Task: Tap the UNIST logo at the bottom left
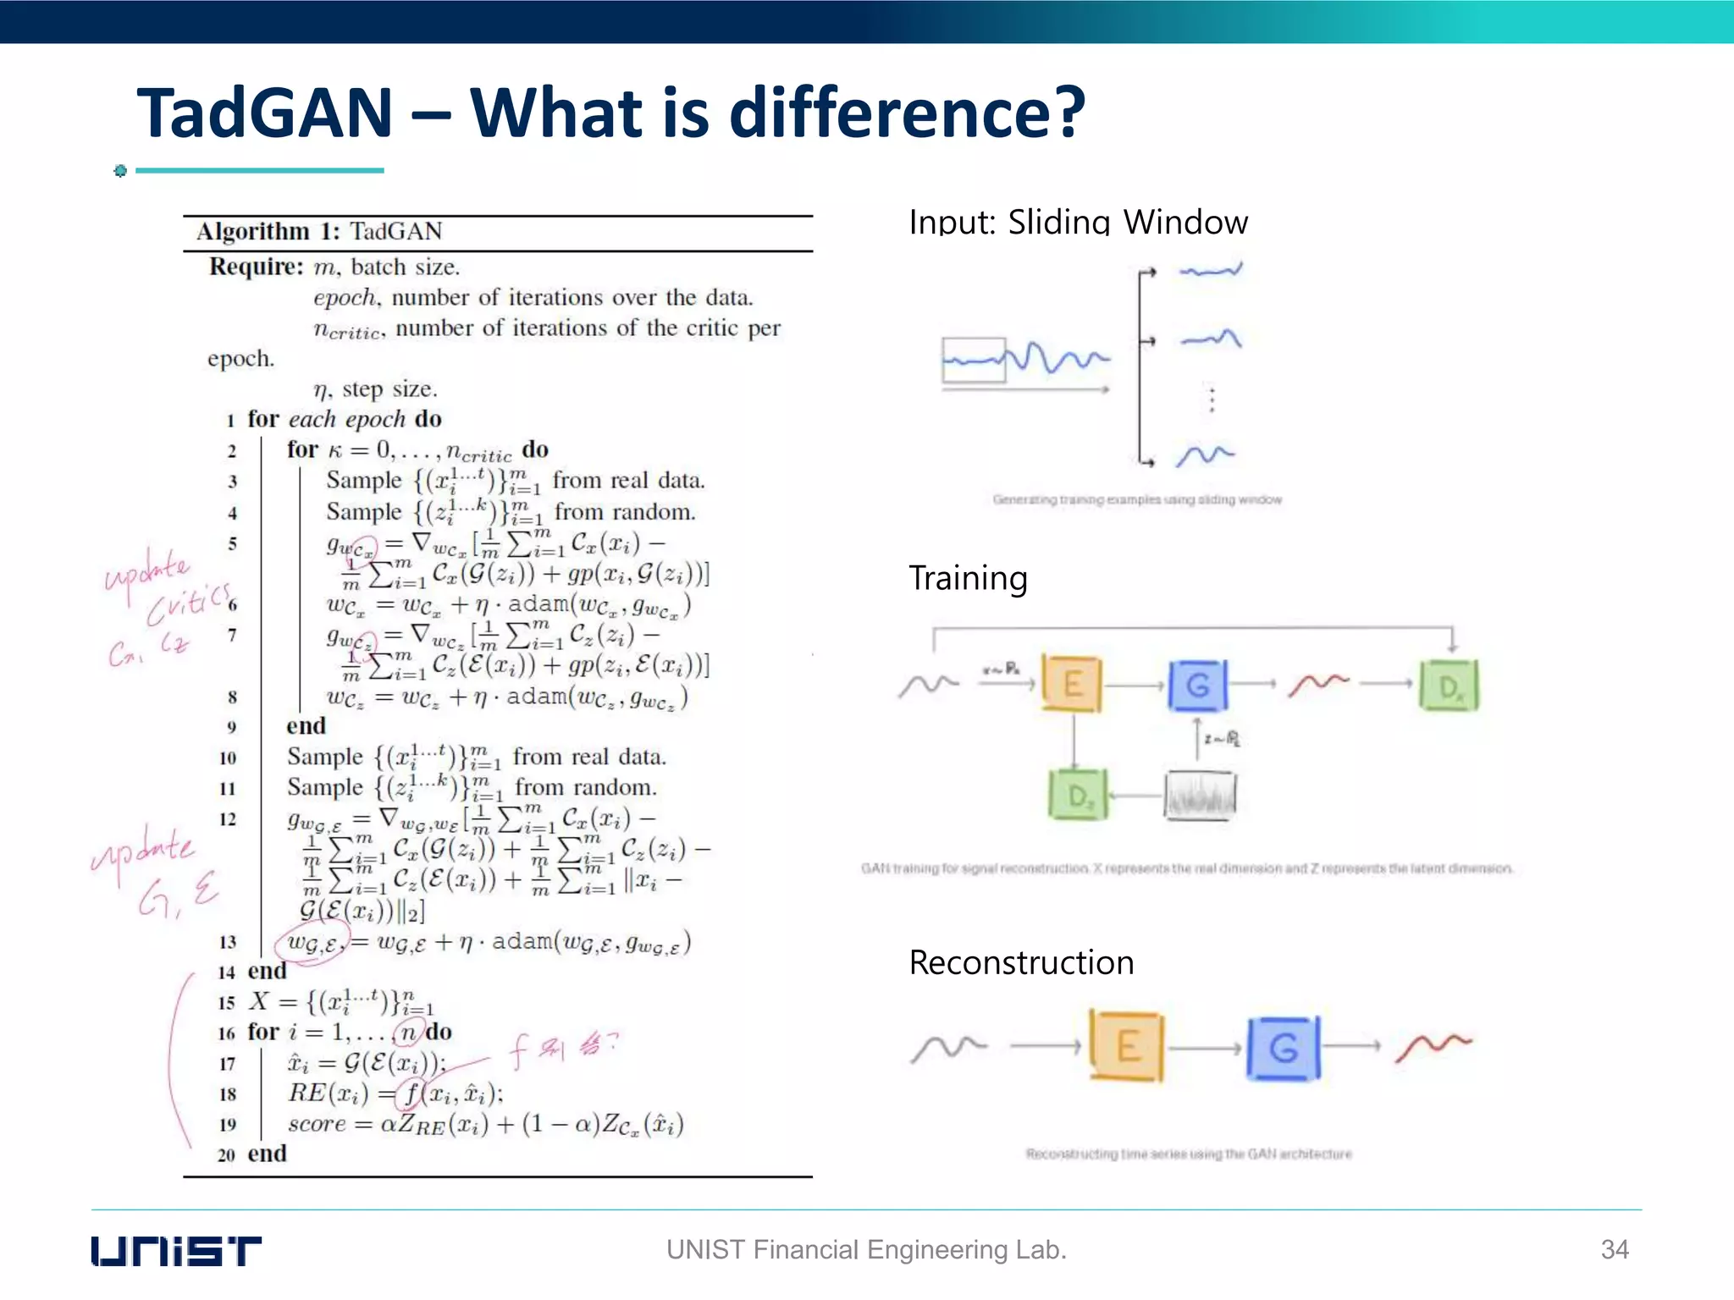pos(176,1251)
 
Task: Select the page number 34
pos(1615,1249)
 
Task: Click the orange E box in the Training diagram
pos(1072,683)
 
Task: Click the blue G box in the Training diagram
pos(1197,685)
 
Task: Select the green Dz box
pos(1077,795)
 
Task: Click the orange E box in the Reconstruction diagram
pos(1126,1046)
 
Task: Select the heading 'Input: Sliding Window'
pos(1078,222)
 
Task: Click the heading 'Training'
pos(968,578)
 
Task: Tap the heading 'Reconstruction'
pos(1021,963)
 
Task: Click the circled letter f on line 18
pos(411,1093)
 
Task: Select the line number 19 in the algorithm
pos(227,1125)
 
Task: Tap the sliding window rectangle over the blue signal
pos(974,361)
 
